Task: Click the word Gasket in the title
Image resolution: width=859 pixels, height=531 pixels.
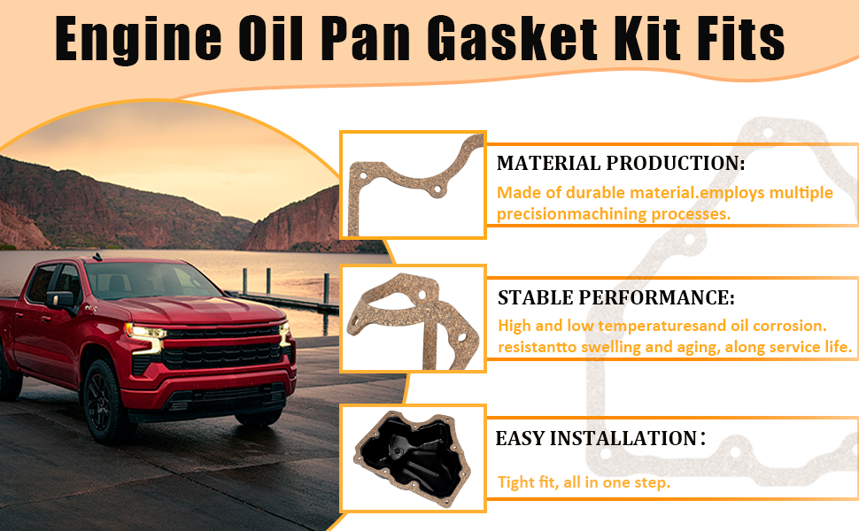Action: point(512,38)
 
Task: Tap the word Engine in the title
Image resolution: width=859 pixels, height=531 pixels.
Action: point(138,40)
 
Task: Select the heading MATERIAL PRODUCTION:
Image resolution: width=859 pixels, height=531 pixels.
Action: point(621,163)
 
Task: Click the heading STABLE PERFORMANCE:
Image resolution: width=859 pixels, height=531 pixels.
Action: point(615,297)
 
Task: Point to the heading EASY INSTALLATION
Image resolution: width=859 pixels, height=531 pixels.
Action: point(596,438)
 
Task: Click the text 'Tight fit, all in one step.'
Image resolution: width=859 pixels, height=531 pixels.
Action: point(584,482)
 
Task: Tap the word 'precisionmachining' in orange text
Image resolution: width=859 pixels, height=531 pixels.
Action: point(564,214)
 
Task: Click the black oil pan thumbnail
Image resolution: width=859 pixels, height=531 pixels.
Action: point(413,459)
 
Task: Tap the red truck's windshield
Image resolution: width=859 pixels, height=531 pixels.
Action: point(151,281)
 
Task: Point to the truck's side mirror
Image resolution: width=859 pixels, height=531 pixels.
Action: point(61,301)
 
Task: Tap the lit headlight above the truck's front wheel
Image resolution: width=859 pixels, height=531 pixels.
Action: point(145,332)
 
